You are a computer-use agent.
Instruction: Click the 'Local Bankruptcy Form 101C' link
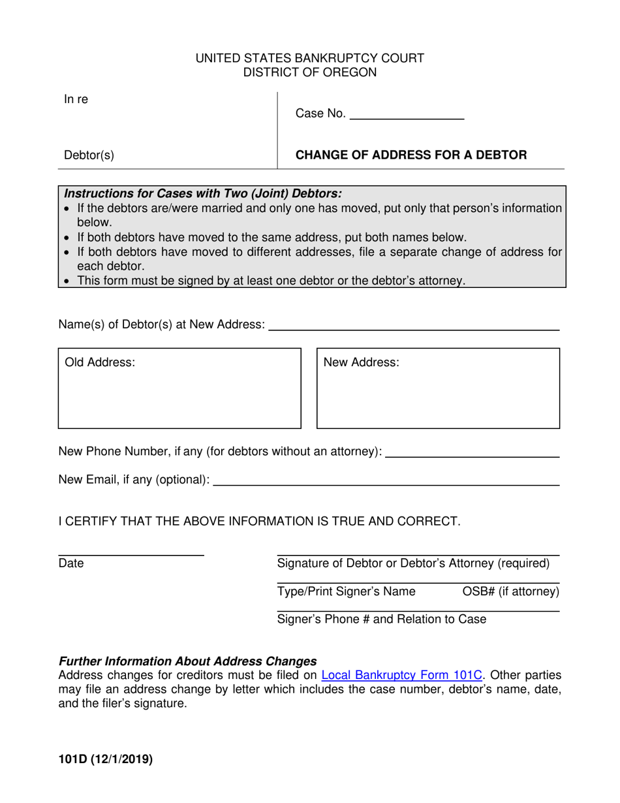click(401, 676)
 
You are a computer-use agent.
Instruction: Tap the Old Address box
click(179, 388)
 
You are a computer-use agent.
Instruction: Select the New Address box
click(438, 388)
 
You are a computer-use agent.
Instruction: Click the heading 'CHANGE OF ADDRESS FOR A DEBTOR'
click(411, 155)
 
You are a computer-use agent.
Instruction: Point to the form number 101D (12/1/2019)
click(106, 759)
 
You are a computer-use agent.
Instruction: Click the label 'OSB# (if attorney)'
click(510, 591)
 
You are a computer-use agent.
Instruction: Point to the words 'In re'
click(76, 100)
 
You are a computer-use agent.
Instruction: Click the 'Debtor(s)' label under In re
click(89, 155)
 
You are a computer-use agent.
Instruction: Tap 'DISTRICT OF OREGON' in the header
click(310, 72)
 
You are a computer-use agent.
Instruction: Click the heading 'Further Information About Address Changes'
click(188, 661)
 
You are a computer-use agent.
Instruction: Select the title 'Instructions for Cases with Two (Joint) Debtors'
click(203, 193)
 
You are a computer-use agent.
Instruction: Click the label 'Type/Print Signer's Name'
click(346, 591)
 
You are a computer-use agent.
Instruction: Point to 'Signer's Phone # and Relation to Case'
click(381, 619)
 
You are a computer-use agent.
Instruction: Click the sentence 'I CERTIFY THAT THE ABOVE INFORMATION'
click(259, 521)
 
